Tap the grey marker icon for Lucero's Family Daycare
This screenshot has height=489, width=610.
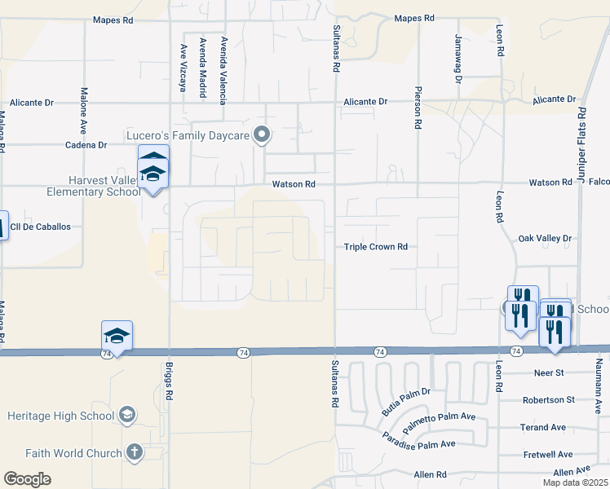pyautogui.click(x=262, y=134)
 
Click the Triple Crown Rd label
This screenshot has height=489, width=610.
pyautogui.click(x=374, y=246)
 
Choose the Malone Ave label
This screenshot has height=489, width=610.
pyautogui.click(x=83, y=111)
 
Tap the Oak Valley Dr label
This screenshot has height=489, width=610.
pyautogui.click(x=546, y=239)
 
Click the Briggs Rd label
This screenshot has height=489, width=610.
pyautogui.click(x=170, y=380)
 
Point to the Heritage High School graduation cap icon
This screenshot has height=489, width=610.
pyautogui.click(x=127, y=416)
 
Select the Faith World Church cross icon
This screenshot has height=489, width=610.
pyautogui.click(x=135, y=452)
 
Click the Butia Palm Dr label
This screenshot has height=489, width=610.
pyautogui.click(x=406, y=401)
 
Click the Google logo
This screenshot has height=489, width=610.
pyautogui.click(x=28, y=478)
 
